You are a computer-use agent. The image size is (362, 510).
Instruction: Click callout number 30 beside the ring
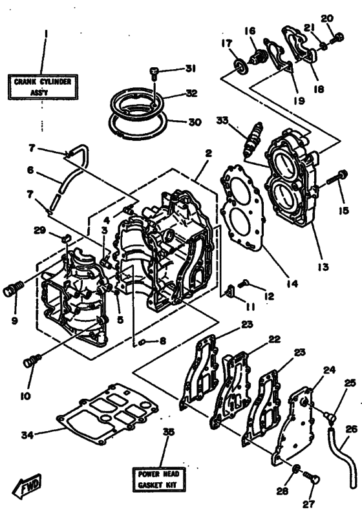(x=195, y=122)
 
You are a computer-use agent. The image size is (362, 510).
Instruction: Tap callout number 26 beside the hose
(x=351, y=427)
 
